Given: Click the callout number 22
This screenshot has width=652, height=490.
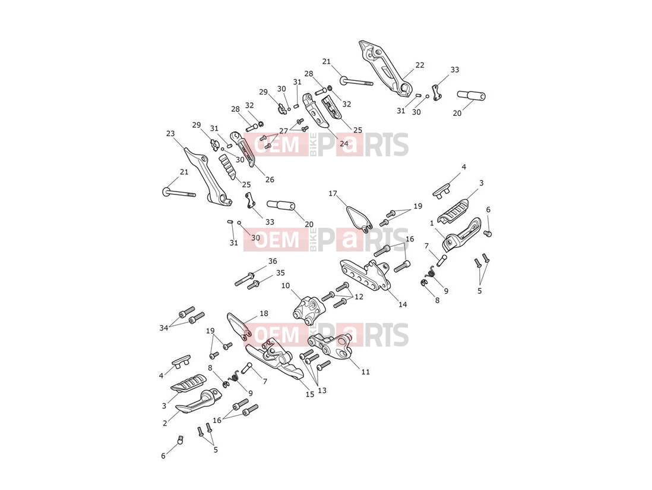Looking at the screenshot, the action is coord(420,65).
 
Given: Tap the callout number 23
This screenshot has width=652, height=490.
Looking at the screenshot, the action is coord(170,133).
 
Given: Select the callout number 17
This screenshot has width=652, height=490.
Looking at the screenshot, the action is coord(333,193).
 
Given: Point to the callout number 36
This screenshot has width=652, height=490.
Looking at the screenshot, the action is coord(273,261).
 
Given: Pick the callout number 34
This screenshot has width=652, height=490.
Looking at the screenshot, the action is coord(164,328).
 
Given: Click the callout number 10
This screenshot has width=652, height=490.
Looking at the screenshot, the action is coord(285,285).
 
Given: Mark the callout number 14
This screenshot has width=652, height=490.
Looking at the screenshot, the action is coord(403,304).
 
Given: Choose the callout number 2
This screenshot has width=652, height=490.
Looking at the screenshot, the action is coord(165,423).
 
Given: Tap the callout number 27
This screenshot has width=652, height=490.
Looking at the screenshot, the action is coord(284,131).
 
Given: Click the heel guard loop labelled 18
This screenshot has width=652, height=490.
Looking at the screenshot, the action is coord(239,325).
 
